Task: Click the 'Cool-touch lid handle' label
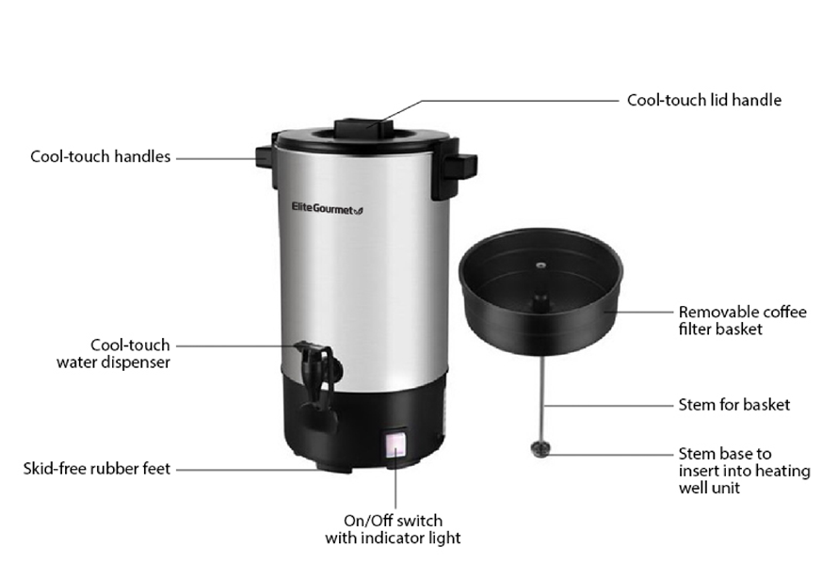pos(704,100)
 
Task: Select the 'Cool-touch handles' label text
pos(100,156)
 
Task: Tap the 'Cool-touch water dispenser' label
pos(113,354)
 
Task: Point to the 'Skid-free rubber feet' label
pos(96,469)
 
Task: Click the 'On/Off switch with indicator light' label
pos(394,529)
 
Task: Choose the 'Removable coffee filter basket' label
pos(742,321)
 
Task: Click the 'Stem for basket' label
pos(733,405)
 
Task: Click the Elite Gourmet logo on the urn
pos(327,209)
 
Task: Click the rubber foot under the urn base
pos(333,466)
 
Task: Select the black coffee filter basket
pos(540,291)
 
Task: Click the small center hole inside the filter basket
pos(539,265)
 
